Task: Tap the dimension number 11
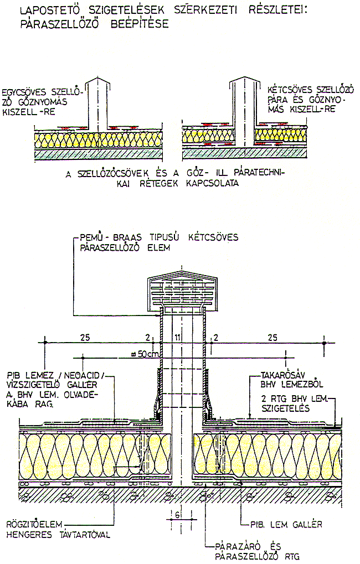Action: pos(177,338)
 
